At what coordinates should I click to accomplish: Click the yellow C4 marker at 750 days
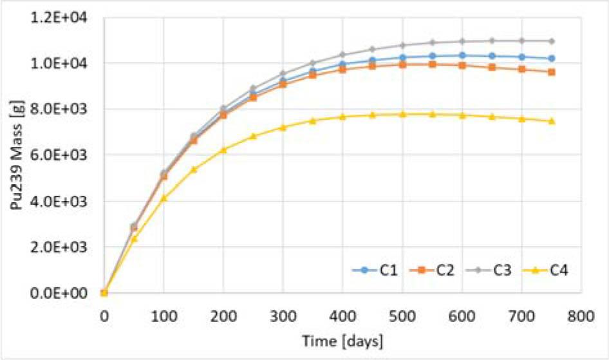pos(552,121)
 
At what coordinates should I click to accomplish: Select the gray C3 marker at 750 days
pos(552,41)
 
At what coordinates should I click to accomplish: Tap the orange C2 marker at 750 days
pos(552,72)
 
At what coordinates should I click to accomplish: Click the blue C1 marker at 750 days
pos(552,59)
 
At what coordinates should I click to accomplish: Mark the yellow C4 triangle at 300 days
pos(283,128)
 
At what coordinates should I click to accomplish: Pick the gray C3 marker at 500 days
pos(402,45)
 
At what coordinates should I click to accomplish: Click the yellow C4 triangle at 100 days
pos(164,198)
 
